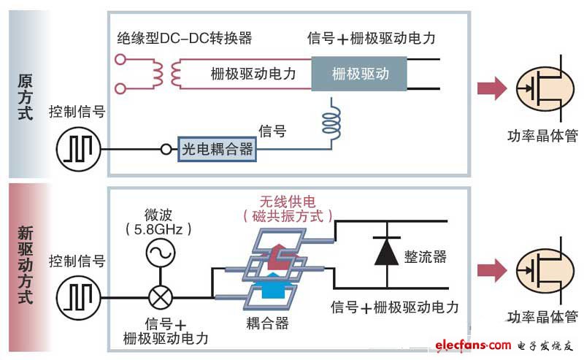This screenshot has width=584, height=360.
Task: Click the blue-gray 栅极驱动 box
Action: coord(360,74)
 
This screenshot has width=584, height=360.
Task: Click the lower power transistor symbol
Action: coord(541,271)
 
